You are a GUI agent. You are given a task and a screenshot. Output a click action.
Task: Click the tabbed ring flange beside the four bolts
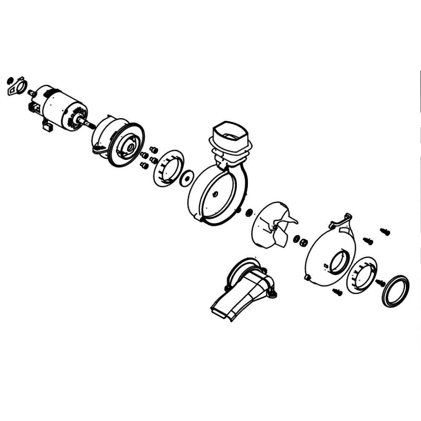click(168, 167)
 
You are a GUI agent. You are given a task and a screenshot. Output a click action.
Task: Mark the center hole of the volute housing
click(215, 194)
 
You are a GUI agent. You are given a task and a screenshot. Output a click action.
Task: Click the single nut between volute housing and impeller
click(249, 212)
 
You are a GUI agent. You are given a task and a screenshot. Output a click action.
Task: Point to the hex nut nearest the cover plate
click(302, 241)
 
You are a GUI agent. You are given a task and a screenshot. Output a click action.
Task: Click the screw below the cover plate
click(337, 292)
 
